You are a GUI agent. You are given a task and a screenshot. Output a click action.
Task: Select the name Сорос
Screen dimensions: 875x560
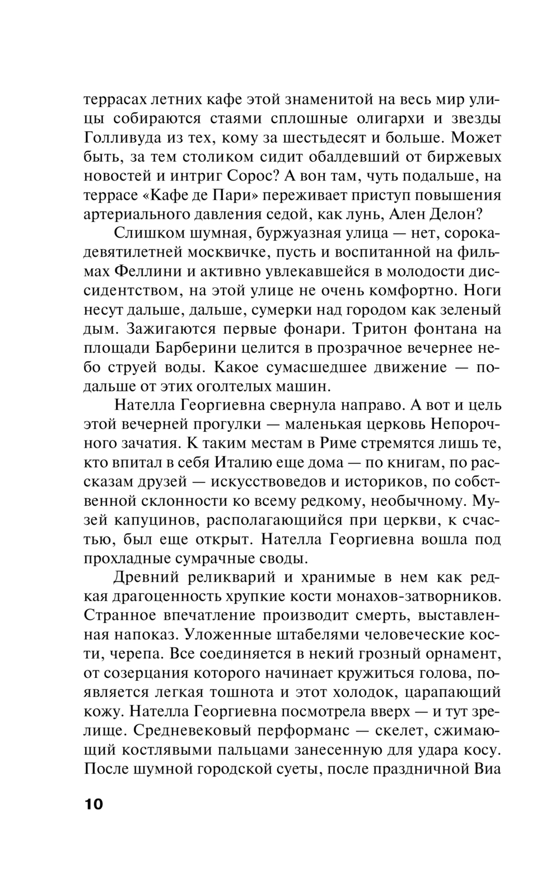click(251, 176)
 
